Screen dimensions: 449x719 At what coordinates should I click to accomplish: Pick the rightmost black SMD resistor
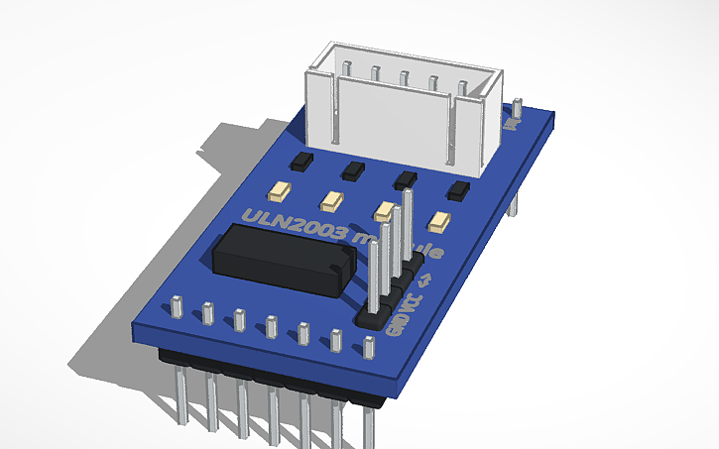point(458,191)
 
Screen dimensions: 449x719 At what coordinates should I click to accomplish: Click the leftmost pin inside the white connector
point(346,69)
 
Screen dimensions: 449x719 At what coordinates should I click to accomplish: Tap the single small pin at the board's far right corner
point(518,109)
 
